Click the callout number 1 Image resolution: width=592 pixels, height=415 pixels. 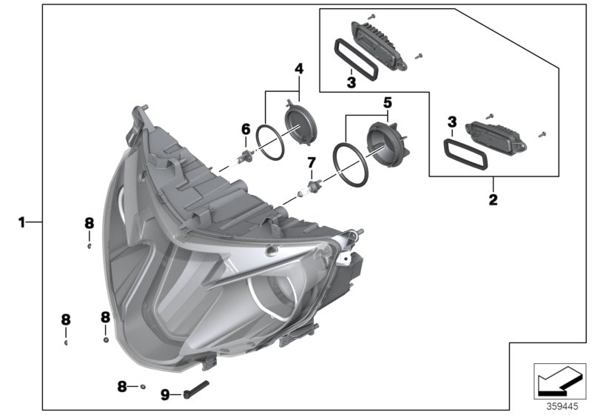(x=22, y=222)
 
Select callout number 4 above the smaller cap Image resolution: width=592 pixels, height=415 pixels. (x=299, y=69)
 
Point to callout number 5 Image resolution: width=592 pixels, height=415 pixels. (x=387, y=101)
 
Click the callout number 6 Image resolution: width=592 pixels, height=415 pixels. (x=245, y=129)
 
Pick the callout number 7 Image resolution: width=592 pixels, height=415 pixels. (x=312, y=162)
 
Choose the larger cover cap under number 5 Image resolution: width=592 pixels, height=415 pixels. (x=387, y=143)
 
